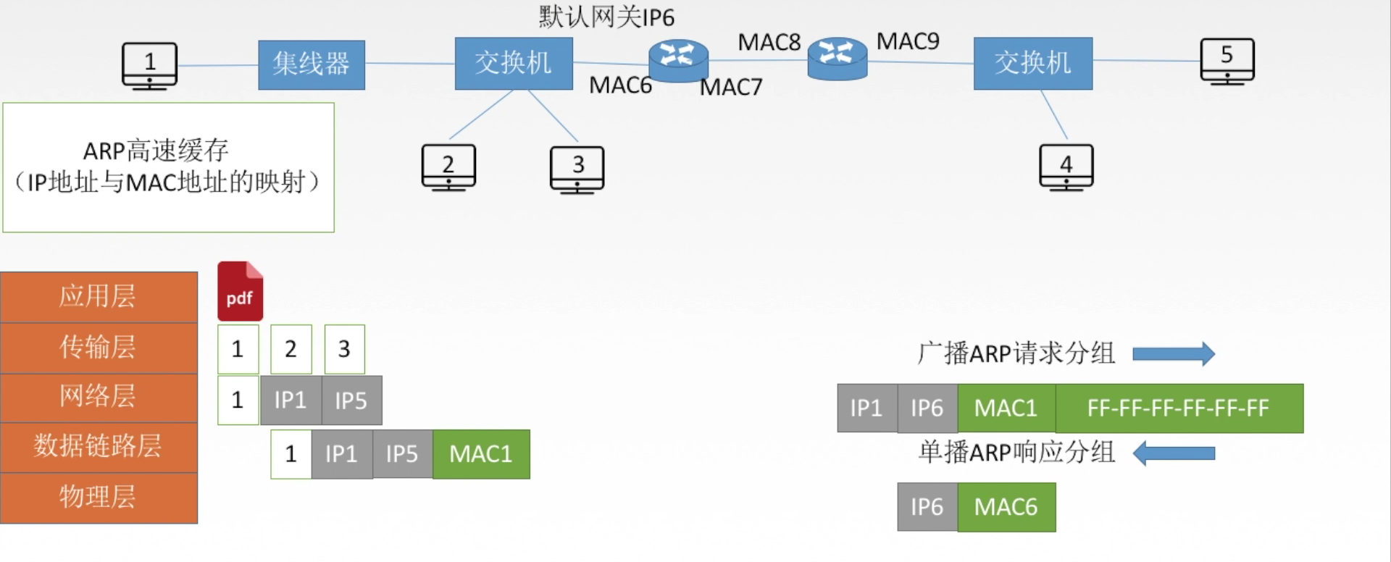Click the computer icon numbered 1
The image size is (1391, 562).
pyautogui.click(x=149, y=65)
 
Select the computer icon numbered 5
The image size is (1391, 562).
pyautogui.click(x=1227, y=61)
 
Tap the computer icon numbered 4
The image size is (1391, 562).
pyautogui.click(x=1066, y=167)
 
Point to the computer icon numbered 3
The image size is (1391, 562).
pyautogui.click(x=577, y=169)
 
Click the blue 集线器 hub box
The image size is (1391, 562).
pyautogui.click(x=312, y=64)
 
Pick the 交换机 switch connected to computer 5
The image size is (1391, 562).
pyautogui.click(x=1032, y=63)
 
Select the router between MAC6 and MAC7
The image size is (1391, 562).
pyautogui.click(x=678, y=59)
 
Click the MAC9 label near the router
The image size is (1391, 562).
pyautogui.click(x=908, y=41)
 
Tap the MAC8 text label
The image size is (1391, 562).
pyautogui.click(x=769, y=43)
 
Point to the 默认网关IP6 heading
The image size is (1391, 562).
pyautogui.click(x=606, y=17)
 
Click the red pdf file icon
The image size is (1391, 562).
pyautogui.click(x=240, y=291)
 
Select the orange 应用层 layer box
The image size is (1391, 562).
pyautogui.click(x=99, y=297)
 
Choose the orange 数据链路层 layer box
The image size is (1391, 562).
pyautogui.click(x=99, y=447)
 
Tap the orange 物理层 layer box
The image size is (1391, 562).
pyautogui.click(x=99, y=498)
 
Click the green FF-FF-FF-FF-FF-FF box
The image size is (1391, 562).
pyautogui.click(x=1179, y=408)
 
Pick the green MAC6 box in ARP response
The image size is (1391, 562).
pyautogui.click(x=1006, y=507)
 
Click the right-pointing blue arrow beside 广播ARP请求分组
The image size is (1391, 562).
pyautogui.click(x=1173, y=353)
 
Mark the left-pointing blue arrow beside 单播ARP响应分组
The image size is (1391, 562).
pyautogui.click(x=1174, y=453)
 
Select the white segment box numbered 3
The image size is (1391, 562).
pyautogui.click(x=344, y=349)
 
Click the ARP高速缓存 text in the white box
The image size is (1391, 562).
pyautogui.click(x=156, y=151)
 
